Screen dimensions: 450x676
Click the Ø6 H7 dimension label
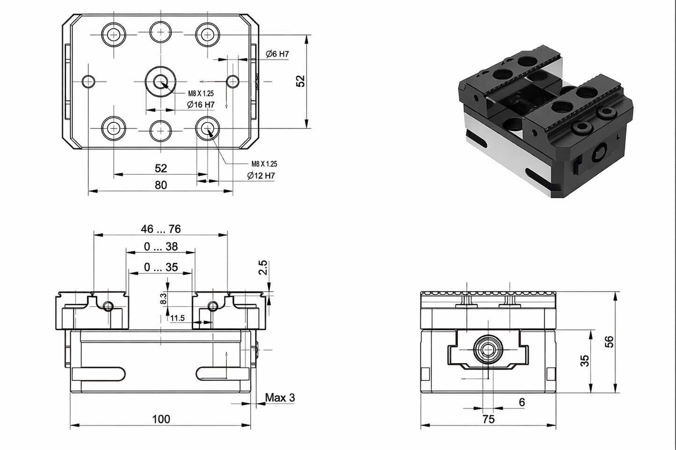[277, 54]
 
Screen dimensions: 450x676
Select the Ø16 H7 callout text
[201, 105]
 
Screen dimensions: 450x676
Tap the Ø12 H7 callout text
[261, 176]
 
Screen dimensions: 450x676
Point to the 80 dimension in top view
[160, 185]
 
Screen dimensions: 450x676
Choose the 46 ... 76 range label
[160, 229]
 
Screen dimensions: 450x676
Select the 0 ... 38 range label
[160, 247]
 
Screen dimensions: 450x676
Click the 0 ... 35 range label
[160, 267]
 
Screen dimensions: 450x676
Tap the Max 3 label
[280, 398]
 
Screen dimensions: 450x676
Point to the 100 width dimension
[160, 419]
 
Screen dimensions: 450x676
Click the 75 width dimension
[488, 419]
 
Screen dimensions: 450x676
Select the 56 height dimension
[609, 342]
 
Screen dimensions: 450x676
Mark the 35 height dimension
[585, 360]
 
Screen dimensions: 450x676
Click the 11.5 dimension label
[177, 318]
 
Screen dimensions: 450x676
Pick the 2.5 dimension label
[263, 267]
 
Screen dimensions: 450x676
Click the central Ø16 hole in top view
[160, 81]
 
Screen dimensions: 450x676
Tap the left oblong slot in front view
[98, 373]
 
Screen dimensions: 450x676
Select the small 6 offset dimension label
[522, 402]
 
